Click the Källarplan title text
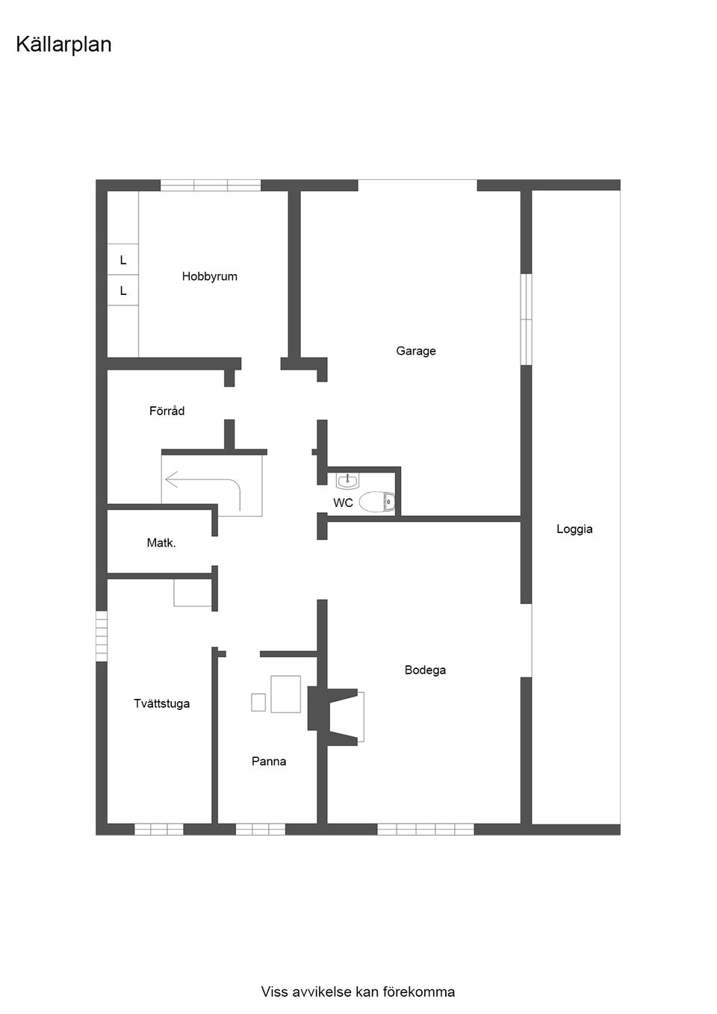(x=63, y=45)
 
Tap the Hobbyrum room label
(x=209, y=276)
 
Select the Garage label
(x=416, y=351)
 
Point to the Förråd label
(x=167, y=411)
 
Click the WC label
(x=343, y=503)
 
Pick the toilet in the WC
(x=376, y=503)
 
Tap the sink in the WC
(x=347, y=481)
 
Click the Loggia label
(x=574, y=529)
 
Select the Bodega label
(x=425, y=670)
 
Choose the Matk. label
(x=161, y=544)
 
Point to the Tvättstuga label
(x=161, y=703)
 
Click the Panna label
(x=269, y=762)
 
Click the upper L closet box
(x=122, y=261)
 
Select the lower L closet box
(x=122, y=290)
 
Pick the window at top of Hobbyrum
(x=211, y=185)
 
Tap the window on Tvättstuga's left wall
(x=101, y=635)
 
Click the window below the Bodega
(x=425, y=829)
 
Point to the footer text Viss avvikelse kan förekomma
(x=358, y=992)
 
